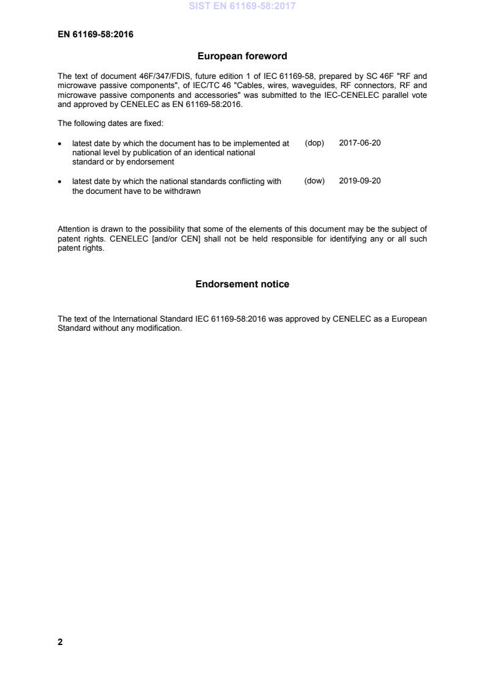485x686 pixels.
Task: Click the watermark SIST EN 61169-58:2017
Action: (x=242, y=7)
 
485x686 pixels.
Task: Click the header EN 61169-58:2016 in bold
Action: (x=95, y=34)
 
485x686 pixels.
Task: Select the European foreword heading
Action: (x=242, y=56)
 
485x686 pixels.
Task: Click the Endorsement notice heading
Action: (x=242, y=284)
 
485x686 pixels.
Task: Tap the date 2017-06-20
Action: (x=360, y=142)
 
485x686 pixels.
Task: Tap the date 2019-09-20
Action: (x=360, y=181)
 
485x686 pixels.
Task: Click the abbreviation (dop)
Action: (x=314, y=142)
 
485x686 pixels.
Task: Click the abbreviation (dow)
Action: (x=314, y=181)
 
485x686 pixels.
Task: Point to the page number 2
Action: (x=60, y=642)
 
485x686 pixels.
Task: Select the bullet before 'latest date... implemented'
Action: (x=59, y=143)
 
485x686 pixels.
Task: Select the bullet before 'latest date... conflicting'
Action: (x=59, y=182)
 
